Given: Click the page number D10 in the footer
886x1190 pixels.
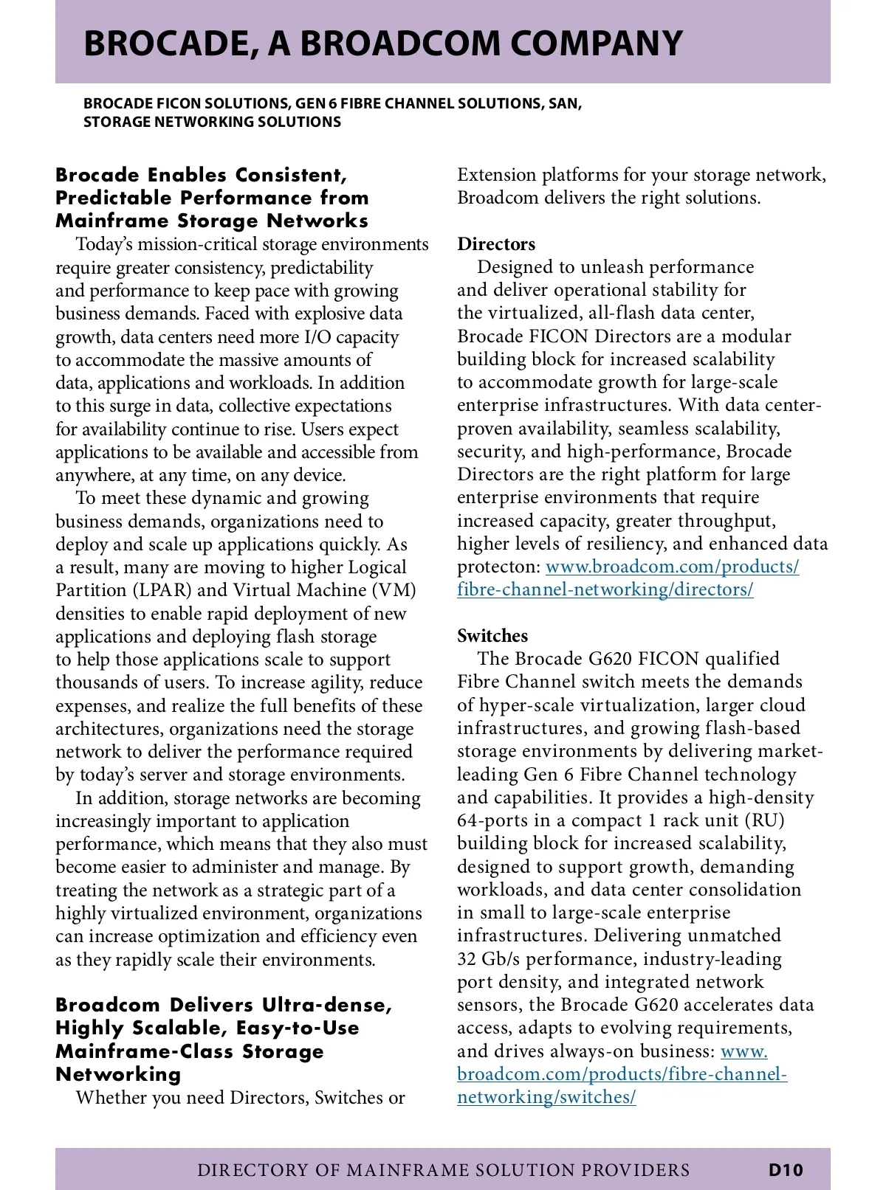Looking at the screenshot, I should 785,1169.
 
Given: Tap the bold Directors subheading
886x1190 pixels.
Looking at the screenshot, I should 496,243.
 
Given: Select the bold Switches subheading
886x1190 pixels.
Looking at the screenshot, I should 492,635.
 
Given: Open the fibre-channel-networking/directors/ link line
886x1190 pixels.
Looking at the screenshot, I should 605,589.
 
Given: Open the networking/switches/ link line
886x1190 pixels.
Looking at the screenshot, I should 546,1097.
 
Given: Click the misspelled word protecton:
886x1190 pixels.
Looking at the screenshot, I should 498,567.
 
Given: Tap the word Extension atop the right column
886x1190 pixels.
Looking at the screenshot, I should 496,175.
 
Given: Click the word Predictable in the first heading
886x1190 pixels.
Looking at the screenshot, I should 111,198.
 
